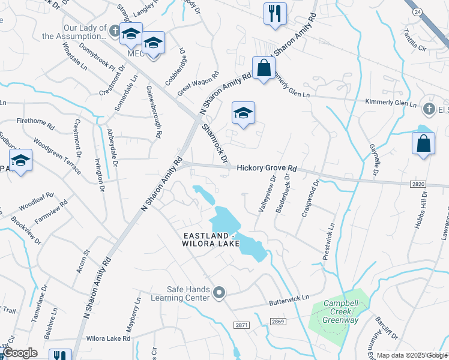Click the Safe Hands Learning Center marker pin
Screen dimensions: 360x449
point(220,293)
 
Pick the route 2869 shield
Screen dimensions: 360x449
point(277,322)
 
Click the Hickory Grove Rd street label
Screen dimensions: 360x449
point(267,169)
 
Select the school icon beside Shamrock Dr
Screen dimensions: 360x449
point(243,113)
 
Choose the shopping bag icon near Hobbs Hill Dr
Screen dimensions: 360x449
point(423,143)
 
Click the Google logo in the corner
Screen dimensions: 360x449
point(20,353)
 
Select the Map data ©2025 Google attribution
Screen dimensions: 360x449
point(412,355)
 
